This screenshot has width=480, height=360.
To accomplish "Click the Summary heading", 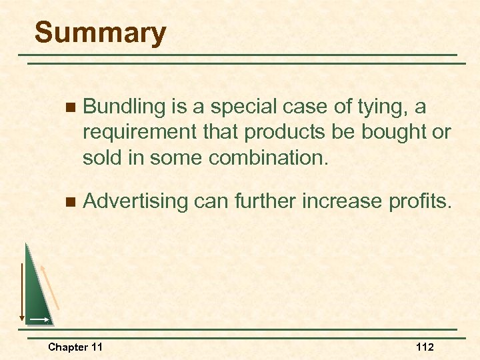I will click(x=100, y=33).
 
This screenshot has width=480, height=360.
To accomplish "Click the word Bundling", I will click(x=124, y=107).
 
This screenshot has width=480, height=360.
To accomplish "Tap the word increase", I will click(x=341, y=200).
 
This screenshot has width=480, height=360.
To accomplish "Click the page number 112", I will click(x=425, y=347).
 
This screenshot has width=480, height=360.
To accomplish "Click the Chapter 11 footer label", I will click(x=75, y=347).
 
